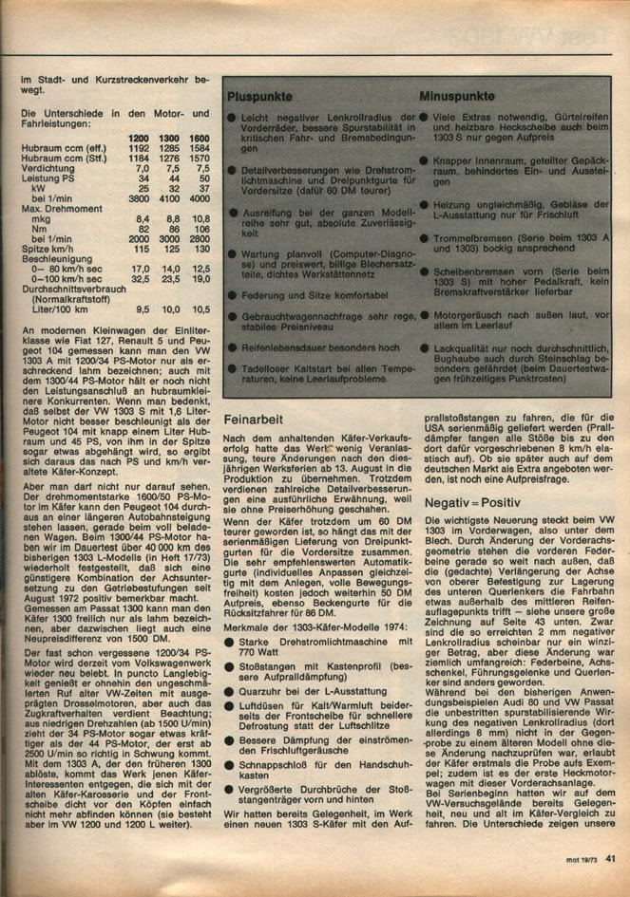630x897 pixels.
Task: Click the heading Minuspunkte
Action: coord(457,98)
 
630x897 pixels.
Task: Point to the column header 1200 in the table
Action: coord(140,140)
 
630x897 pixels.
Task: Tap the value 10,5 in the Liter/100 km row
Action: coord(200,308)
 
